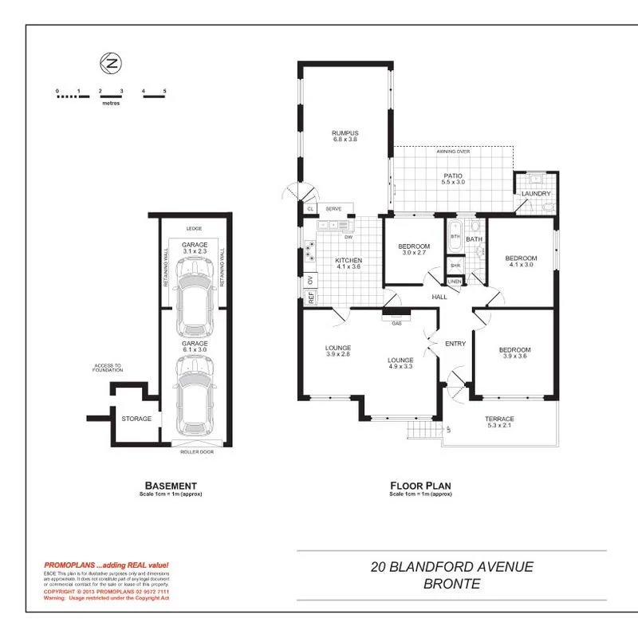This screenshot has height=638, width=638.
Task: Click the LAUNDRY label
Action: (x=536, y=194)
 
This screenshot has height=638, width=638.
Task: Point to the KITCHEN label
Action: (x=349, y=261)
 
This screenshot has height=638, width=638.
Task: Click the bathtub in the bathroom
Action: (x=455, y=237)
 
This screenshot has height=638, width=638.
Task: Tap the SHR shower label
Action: (x=455, y=266)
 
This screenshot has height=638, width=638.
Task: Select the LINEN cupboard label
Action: (x=455, y=281)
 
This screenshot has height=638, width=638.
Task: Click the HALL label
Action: (x=439, y=297)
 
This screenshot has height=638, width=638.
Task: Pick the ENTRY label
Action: (x=455, y=344)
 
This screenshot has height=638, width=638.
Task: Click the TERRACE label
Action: (x=500, y=419)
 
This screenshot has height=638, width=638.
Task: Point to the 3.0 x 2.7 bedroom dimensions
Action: (x=414, y=253)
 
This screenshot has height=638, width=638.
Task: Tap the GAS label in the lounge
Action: (x=396, y=324)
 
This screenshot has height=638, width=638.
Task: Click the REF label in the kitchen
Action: (x=310, y=299)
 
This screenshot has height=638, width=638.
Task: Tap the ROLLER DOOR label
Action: (x=195, y=451)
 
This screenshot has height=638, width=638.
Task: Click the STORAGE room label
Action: (x=136, y=418)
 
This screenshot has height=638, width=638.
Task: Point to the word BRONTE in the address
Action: (x=451, y=584)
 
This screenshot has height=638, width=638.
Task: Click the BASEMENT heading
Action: (x=170, y=485)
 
